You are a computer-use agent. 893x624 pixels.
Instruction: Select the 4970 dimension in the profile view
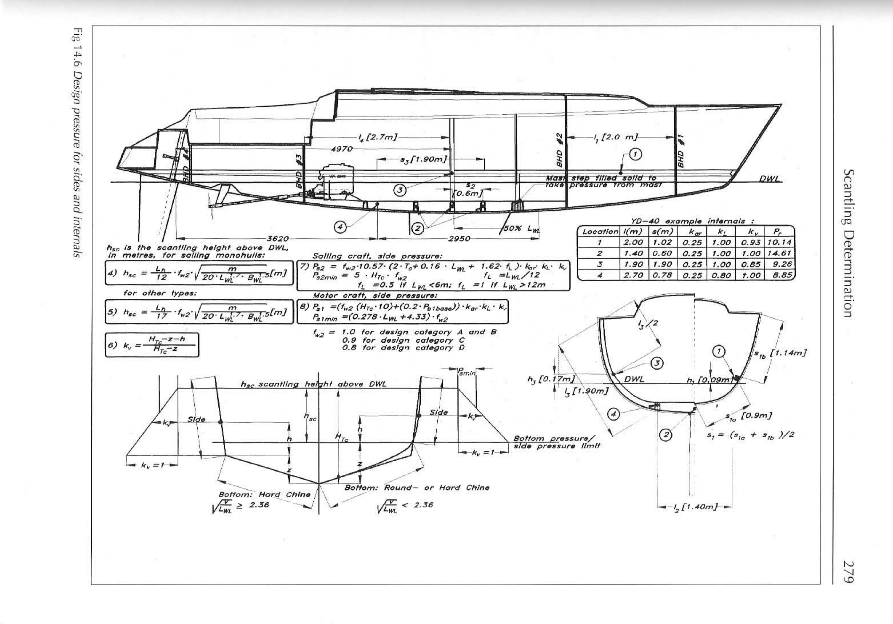341,149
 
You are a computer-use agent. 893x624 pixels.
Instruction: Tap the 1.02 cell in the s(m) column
662,243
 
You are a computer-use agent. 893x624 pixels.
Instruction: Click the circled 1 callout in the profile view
635,154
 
